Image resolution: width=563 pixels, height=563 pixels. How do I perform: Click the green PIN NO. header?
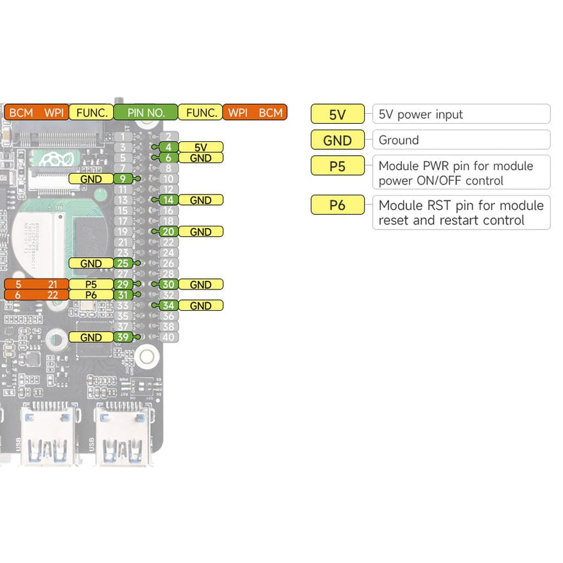click(146, 113)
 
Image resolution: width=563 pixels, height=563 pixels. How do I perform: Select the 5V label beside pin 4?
click(200, 147)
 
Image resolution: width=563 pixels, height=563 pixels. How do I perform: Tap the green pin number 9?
click(123, 179)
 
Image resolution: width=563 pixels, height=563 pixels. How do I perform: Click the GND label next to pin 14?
click(200, 200)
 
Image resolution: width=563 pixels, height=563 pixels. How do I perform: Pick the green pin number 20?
click(168, 231)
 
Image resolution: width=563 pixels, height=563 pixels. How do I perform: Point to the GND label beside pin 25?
click(91, 263)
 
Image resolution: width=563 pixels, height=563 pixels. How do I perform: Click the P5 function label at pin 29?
click(91, 285)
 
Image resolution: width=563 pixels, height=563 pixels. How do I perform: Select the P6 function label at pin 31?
click(91, 295)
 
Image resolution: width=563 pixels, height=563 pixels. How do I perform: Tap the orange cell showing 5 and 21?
click(36, 285)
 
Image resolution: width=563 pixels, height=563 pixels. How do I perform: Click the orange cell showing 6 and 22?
click(36, 295)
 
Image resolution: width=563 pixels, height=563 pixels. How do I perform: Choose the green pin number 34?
click(168, 306)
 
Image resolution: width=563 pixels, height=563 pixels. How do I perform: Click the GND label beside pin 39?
click(91, 337)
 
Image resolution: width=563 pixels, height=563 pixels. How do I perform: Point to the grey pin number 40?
click(168, 337)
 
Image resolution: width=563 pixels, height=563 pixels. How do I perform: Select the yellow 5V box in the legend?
click(337, 114)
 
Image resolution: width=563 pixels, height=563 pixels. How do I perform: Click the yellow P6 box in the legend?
click(337, 205)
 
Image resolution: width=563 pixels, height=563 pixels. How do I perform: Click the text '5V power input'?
click(421, 114)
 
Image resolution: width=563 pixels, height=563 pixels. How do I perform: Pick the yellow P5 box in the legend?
click(337, 166)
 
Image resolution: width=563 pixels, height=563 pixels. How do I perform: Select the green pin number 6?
click(168, 158)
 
